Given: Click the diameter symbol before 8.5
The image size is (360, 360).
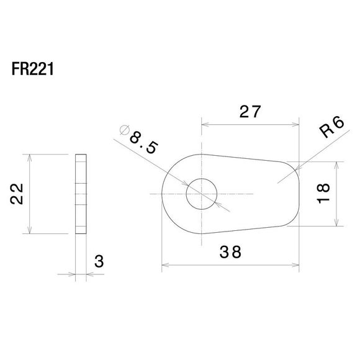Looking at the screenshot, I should point(123,130).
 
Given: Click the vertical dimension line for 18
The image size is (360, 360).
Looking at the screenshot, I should point(336,194).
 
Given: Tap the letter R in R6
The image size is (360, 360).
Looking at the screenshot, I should point(325,133).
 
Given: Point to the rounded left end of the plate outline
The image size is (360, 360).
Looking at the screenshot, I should point(162,194).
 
